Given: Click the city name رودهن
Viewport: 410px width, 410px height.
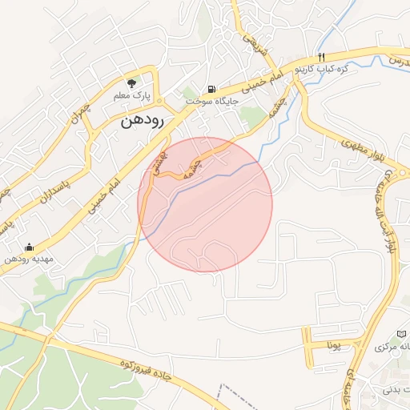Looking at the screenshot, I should pos(143,123).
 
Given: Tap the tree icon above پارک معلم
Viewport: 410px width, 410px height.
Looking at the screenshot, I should pos(132,82).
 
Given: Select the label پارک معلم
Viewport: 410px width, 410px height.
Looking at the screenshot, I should pos(131,95).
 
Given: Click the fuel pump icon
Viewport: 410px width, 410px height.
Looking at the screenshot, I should pos(211,89).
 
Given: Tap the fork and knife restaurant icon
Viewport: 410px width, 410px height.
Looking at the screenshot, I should pos(321,57).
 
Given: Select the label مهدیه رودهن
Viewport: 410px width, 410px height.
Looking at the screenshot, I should pos(28,259).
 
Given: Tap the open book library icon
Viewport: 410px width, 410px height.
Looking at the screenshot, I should pos(401,333).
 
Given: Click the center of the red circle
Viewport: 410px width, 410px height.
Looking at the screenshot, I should pos(205,204).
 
